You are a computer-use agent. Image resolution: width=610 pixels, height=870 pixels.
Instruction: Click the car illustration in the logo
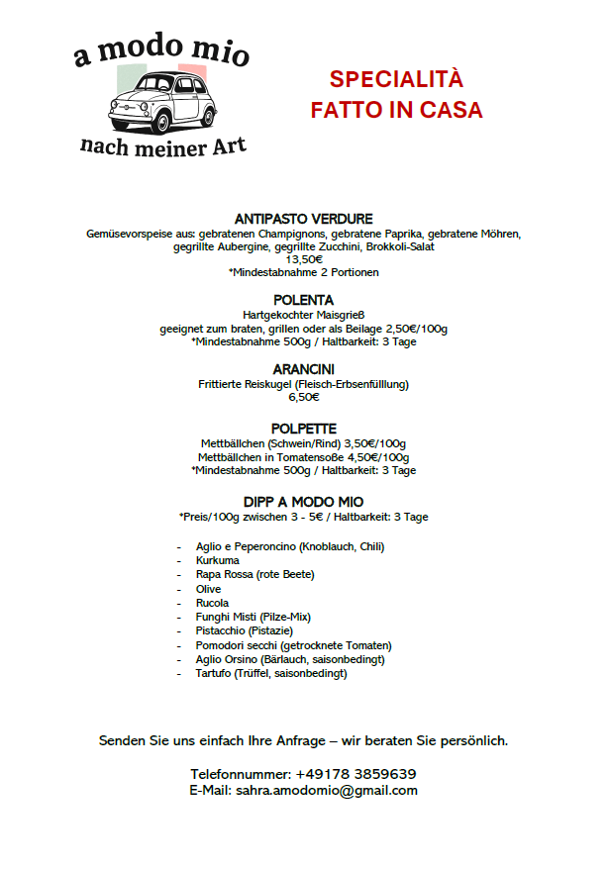coord(161,102)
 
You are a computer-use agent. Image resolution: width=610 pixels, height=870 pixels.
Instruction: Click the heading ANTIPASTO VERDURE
coord(304,219)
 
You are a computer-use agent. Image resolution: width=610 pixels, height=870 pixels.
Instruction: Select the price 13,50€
coord(304,259)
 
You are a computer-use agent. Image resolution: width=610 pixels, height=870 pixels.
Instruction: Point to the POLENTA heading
coord(304,300)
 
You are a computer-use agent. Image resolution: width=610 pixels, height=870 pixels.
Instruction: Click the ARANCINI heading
coord(304,369)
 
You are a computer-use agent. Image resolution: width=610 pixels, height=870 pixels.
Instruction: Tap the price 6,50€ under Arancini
coord(304,397)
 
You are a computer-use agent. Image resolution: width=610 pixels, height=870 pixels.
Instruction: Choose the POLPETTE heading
coord(304,429)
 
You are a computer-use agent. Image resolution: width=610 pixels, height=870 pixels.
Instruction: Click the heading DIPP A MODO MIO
coord(304,502)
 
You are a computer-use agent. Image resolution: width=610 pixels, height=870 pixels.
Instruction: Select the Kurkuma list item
coord(217,560)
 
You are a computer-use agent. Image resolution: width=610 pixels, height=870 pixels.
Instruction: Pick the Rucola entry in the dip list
coord(212,603)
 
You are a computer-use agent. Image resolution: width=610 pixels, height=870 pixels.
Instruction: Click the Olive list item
coord(208,589)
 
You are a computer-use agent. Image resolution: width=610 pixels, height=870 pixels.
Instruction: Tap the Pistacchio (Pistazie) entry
coord(245,630)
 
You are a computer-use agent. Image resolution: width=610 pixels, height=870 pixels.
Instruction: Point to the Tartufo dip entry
coord(271,674)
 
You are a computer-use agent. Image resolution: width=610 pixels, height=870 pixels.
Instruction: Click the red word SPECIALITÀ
coord(396,80)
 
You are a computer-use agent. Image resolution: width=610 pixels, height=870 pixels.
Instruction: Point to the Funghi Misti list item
coord(254,617)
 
